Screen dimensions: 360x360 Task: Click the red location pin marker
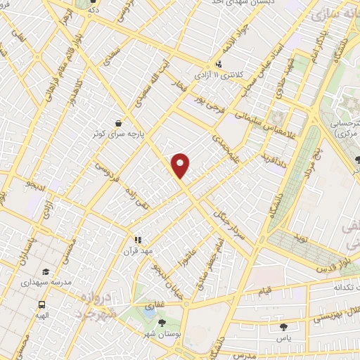[181, 166]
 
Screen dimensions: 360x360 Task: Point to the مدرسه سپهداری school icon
[45, 272]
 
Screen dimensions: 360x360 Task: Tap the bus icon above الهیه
[42, 305]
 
